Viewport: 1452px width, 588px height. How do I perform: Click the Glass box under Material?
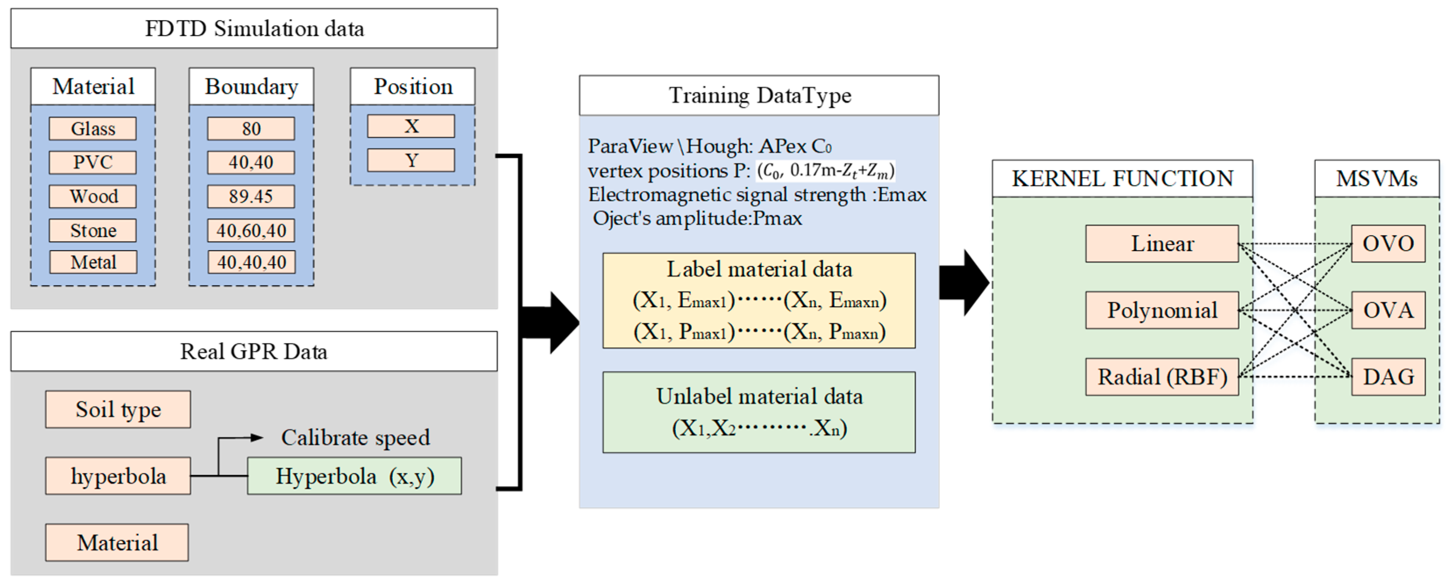pos(92,128)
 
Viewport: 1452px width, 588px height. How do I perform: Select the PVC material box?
pos(92,163)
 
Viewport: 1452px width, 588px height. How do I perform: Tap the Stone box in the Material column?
pos(92,230)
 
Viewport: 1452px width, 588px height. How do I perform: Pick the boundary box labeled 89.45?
pos(251,196)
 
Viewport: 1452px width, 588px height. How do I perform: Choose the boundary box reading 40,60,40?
pos(251,230)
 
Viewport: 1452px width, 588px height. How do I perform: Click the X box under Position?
pos(411,126)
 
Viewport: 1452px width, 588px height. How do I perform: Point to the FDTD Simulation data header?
pos(254,28)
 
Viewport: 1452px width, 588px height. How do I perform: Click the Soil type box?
pos(118,409)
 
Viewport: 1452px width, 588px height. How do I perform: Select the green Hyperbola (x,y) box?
pos(354,476)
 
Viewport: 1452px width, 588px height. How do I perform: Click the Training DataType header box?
pos(759,95)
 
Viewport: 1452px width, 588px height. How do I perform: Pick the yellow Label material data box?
pos(759,300)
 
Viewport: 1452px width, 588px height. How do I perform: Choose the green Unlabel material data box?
pos(759,412)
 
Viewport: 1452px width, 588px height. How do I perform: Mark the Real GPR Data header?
pos(254,351)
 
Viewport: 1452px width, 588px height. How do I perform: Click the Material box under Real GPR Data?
pos(117,542)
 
